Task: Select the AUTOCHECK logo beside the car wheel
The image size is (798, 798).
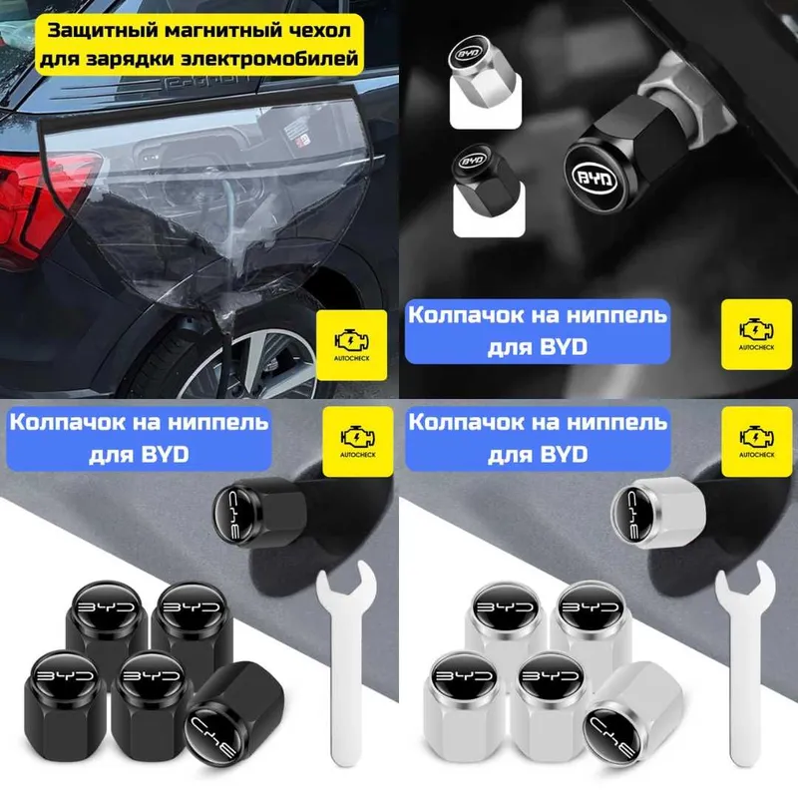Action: [352, 345]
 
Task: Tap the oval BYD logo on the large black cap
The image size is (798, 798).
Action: [594, 178]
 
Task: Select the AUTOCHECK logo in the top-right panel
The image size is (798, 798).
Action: [757, 334]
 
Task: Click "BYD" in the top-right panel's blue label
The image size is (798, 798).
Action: [564, 347]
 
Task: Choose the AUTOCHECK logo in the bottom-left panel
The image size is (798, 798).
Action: [358, 441]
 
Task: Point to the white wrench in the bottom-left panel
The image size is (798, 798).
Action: [346, 661]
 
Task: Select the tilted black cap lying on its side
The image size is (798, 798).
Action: [233, 709]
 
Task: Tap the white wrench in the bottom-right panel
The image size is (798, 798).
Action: [745, 661]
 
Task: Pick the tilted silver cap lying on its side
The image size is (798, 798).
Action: [632, 709]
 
